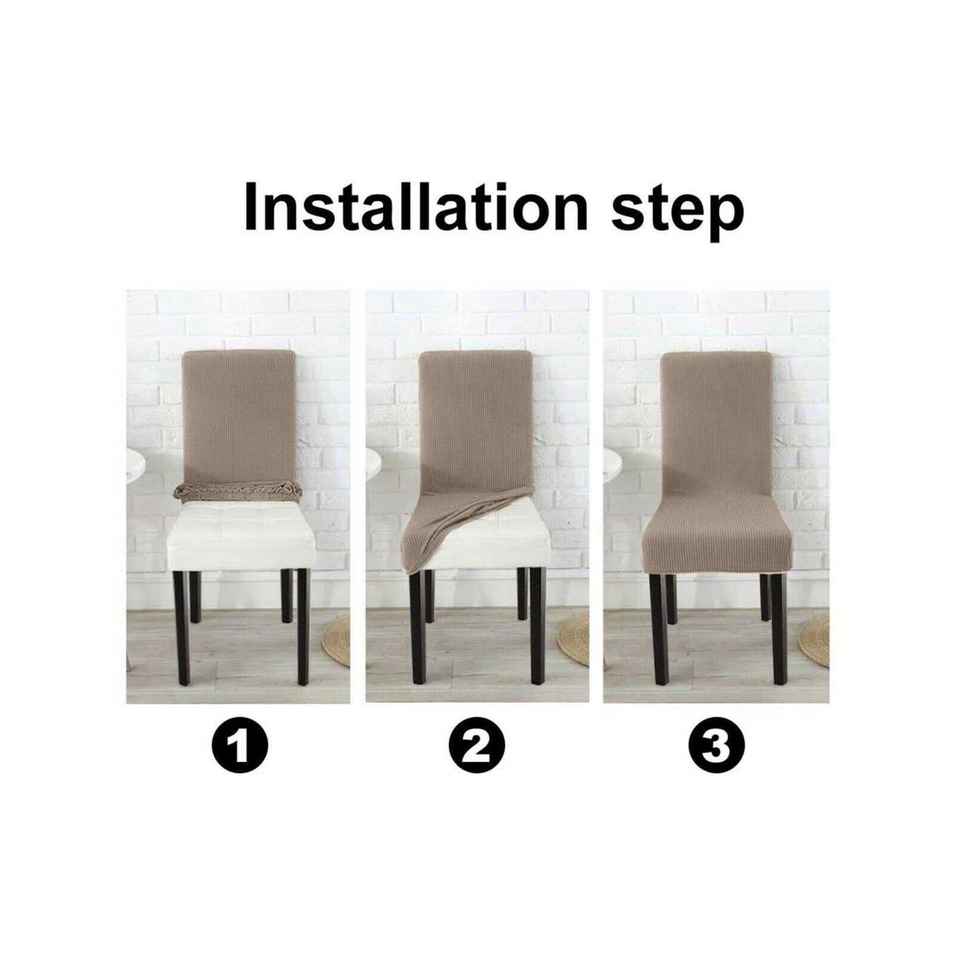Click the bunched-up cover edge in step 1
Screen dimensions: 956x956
tap(238, 491)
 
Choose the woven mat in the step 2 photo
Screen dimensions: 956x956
tap(575, 637)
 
